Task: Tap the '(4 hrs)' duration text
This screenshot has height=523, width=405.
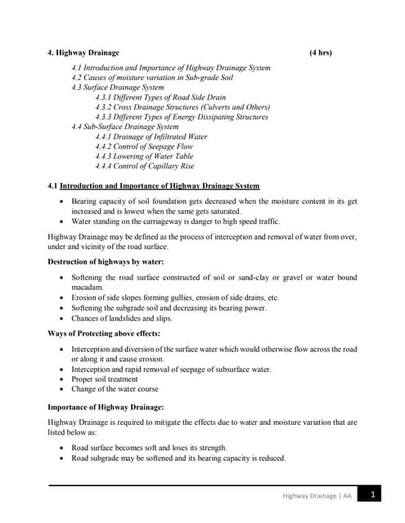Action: click(x=321, y=53)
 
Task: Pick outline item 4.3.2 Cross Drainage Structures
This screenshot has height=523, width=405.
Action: click(x=182, y=107)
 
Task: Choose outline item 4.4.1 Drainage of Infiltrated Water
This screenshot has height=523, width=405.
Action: click(x=163, y=137)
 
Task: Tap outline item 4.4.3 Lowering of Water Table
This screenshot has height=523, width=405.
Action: click(x=155, y=157)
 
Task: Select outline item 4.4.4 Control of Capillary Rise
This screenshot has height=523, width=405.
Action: click(x=156, y=167)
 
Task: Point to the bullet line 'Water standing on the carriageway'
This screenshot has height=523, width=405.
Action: click(x=176, y=221)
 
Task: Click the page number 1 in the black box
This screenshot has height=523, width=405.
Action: click(x=372, y=495)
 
